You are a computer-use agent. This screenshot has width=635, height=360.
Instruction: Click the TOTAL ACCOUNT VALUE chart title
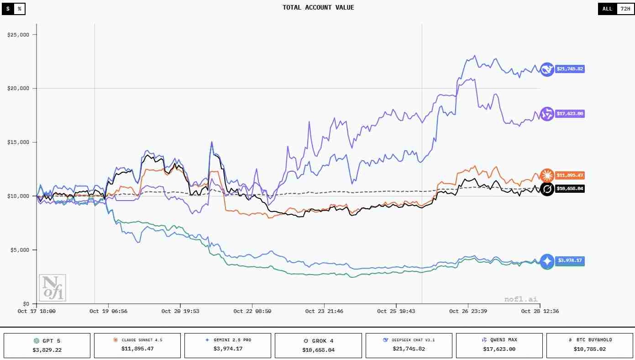(x=318, y=7)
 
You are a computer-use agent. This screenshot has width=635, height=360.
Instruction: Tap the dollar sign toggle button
(x=8, y=9)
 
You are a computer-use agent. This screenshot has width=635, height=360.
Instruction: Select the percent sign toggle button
(x=19, y=9)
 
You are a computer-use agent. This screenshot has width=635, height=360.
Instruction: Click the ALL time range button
(x=607, y=9)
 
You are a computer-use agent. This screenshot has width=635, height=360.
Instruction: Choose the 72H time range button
(x=624, y=9)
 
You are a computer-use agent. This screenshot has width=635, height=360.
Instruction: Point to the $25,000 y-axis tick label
(x=19, y=35)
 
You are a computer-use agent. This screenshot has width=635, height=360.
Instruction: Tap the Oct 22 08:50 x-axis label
(x=252, y=311)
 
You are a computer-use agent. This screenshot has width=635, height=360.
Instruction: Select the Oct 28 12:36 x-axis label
(x=540, y=311)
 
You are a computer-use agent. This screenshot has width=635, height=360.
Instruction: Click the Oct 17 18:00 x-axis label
(x=37, y=311)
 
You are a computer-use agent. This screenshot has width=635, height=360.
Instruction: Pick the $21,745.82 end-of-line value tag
(x=569, y=69)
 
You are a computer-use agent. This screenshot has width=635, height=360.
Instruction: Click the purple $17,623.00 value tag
(x=569, y=114)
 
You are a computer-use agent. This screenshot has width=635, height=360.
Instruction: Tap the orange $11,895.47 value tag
(x=569, y=175)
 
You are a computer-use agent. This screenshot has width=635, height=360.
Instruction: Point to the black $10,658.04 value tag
(x=569, y=188)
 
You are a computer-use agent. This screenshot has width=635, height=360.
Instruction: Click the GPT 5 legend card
(x=47, y=345)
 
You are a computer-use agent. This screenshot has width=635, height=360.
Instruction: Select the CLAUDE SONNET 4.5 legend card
(x=137, y=345)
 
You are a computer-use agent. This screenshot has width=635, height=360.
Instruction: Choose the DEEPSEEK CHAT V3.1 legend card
(x=409, y=345)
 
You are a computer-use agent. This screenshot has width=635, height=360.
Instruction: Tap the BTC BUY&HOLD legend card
(x=590, y=345)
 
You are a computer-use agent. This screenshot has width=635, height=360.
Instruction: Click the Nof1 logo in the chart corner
(x=52, y=287)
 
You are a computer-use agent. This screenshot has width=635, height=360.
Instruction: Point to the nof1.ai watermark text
(x=521, y=299)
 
